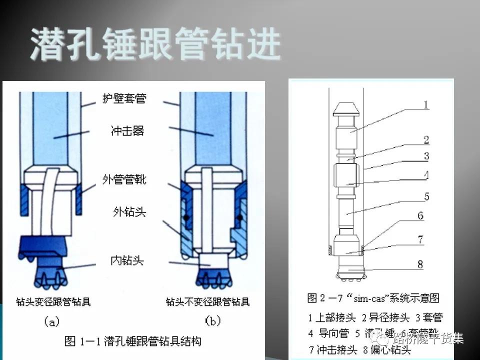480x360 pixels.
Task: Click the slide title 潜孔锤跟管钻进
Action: click(155, 44)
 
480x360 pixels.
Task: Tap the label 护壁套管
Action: click(128, 98)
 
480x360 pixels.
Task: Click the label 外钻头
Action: click(128, 211)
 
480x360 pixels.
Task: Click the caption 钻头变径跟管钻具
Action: click(53, 301)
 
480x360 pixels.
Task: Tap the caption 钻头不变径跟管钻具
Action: click(207, 301)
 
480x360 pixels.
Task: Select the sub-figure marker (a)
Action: click(52, 321)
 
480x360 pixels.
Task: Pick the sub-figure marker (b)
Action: click(212, 321)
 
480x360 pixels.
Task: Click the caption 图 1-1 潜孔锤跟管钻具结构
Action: click(133, 342)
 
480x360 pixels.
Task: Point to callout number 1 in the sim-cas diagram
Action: click(426, 105)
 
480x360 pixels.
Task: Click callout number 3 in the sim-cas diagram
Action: click(426, 156)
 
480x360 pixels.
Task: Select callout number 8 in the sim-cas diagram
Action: click(420, 264)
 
